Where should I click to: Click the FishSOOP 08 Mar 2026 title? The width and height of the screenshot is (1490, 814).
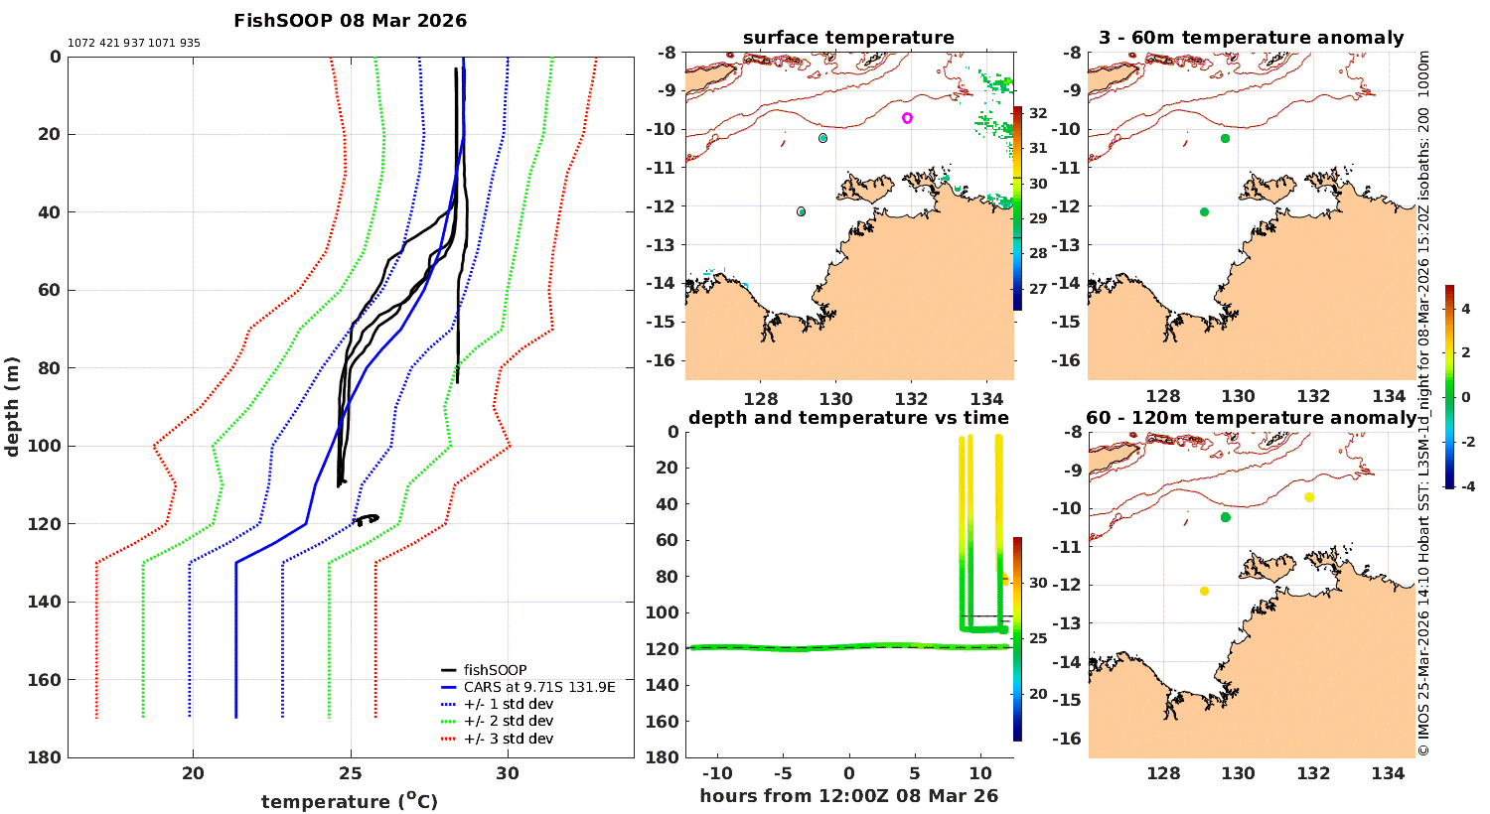350,21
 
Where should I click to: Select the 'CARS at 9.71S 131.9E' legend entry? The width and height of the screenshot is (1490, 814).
539,687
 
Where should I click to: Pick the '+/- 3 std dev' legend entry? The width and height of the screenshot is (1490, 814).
508,739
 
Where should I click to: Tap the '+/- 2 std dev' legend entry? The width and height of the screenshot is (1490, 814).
508,722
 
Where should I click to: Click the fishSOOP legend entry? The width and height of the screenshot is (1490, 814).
495,670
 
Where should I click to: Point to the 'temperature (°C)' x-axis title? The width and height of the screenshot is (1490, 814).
350,801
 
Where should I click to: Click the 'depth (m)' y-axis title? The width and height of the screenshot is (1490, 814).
13,406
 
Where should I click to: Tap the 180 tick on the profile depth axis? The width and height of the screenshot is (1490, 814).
49,757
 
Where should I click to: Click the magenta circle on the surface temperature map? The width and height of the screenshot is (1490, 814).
907,118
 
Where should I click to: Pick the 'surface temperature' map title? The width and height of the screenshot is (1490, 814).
848,38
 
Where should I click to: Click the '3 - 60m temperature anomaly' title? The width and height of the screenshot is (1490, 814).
1251,38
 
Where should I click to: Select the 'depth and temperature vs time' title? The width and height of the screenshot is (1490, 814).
848,418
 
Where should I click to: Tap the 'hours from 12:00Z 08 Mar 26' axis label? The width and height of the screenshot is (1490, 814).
848,796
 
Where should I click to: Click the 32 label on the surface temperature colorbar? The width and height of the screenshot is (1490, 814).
1038,113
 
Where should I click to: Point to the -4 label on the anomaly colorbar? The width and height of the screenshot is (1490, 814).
1466,486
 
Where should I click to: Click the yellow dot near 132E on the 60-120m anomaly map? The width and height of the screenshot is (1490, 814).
1309,497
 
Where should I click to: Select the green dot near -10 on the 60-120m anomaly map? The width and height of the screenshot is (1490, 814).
1225,517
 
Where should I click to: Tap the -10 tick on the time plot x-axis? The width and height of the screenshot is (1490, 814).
717,774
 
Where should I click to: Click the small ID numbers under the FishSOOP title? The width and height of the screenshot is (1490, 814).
134,44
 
